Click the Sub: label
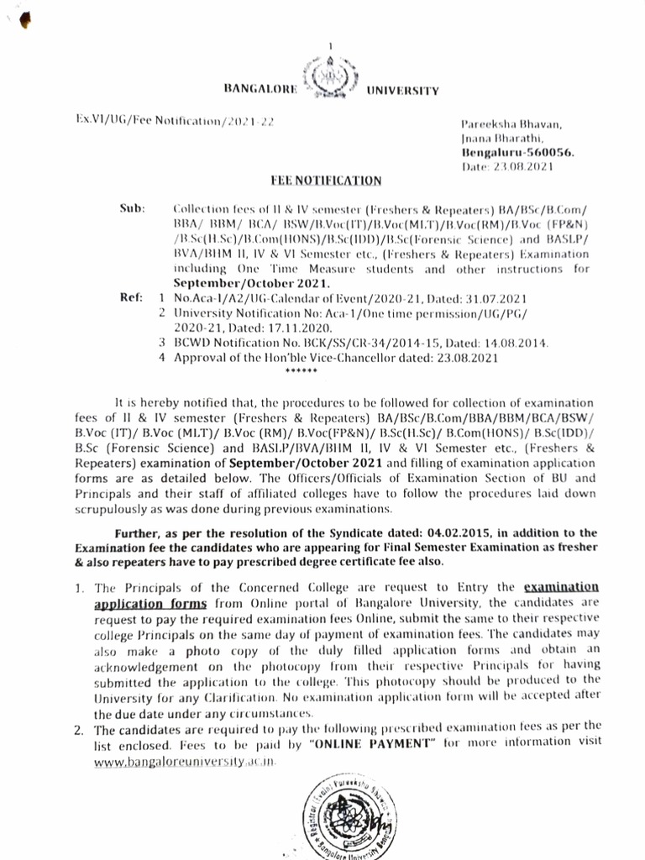click(133, 207)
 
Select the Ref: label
click(133, 297)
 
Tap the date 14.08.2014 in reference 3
click(514, 343)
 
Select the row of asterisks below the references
click(302, 370)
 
